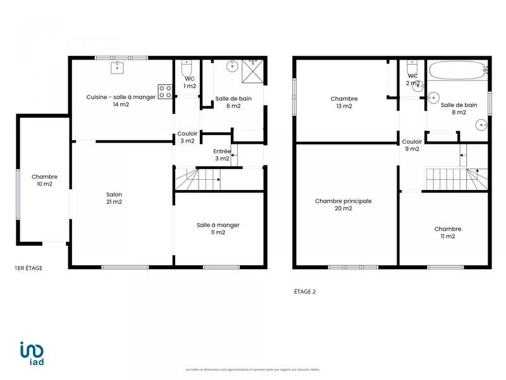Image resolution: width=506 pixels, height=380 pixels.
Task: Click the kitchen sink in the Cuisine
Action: (x=117, y=67)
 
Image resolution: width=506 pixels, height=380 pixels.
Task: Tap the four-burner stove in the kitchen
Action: (x=165, y=92)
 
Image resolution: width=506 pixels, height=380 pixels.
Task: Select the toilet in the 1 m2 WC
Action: (x=185, y=68)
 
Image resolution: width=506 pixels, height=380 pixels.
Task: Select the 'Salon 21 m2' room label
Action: (x=114, y=198)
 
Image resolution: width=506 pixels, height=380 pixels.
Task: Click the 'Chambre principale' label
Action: (x=343, y=205)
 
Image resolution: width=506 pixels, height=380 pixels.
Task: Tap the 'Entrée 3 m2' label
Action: (x=221, y=155)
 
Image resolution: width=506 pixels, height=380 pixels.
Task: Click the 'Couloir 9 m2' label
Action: (x=412, y=146)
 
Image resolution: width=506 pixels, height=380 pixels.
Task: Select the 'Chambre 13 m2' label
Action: (x=344, y=103)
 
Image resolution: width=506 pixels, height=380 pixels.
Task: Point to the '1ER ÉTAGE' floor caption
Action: (x=28, y=269)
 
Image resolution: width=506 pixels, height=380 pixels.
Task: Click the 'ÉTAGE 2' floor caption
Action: (x=306, y=292)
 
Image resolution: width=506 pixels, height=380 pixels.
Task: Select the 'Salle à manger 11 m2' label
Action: (x=218, y=229)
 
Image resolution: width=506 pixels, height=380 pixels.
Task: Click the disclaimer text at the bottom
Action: (x=253, y=369)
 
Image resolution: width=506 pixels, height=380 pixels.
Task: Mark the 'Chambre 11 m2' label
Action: (x=448, y=232)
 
